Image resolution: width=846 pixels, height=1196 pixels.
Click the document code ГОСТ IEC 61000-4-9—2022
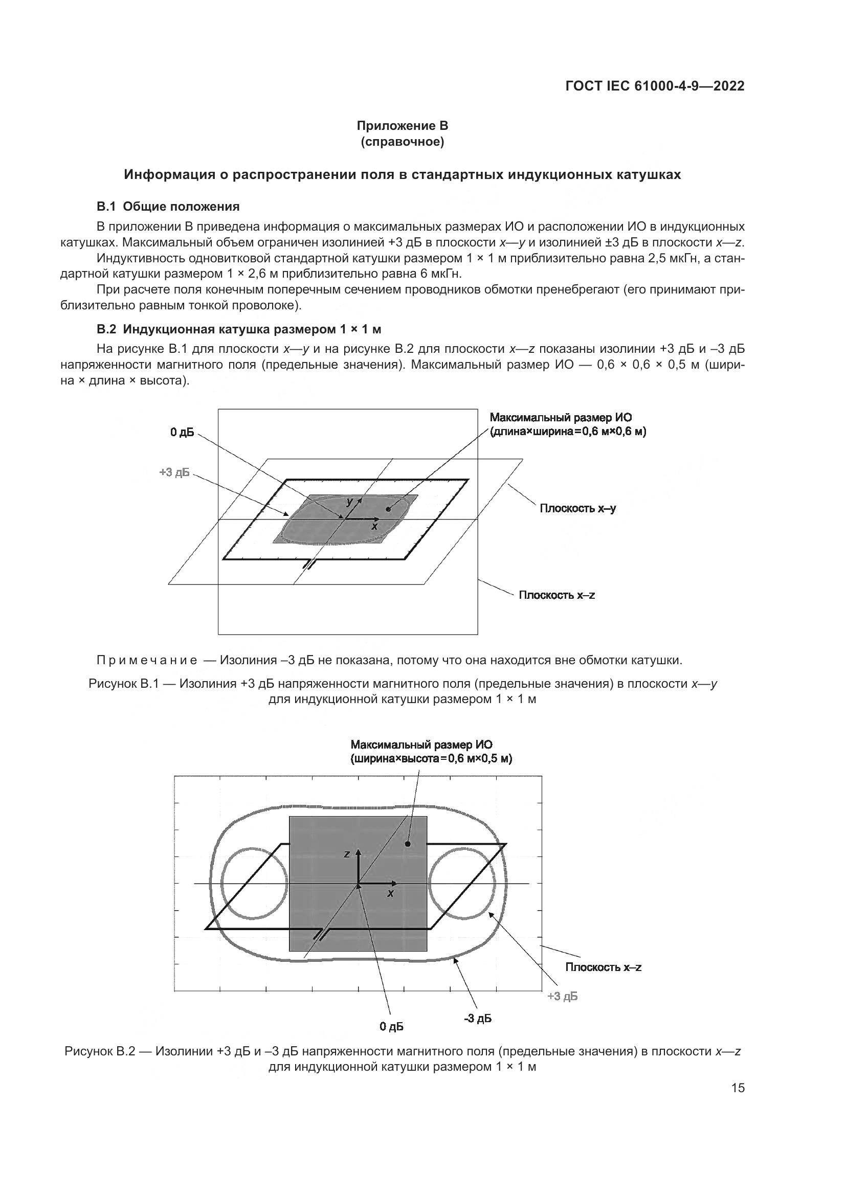(654, 86)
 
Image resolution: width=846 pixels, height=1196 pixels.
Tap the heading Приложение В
(402, 126)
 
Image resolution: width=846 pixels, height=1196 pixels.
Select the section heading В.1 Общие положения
(168, 206)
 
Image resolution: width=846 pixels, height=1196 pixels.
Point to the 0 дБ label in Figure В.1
(182, 433)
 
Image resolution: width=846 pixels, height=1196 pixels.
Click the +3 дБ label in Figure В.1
(174, 472)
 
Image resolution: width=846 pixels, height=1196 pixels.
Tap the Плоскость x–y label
(577, 508)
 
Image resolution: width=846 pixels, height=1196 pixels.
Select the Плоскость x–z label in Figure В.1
(556, 595)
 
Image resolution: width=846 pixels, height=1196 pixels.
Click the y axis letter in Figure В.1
(349, 501)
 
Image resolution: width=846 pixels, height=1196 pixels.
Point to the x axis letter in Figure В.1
(374, 527)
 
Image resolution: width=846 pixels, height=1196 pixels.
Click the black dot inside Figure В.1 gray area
(388, 509)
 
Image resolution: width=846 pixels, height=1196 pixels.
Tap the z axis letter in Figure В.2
(346, 854)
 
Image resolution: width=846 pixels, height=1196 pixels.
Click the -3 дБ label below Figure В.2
(478, 1019)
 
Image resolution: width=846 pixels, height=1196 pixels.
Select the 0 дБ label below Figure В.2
(391, 1026)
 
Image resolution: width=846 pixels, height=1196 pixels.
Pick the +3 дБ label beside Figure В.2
(562, 997)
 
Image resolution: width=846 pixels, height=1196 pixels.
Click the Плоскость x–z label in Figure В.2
(603, 967)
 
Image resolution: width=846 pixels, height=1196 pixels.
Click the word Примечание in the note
(147, 661)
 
